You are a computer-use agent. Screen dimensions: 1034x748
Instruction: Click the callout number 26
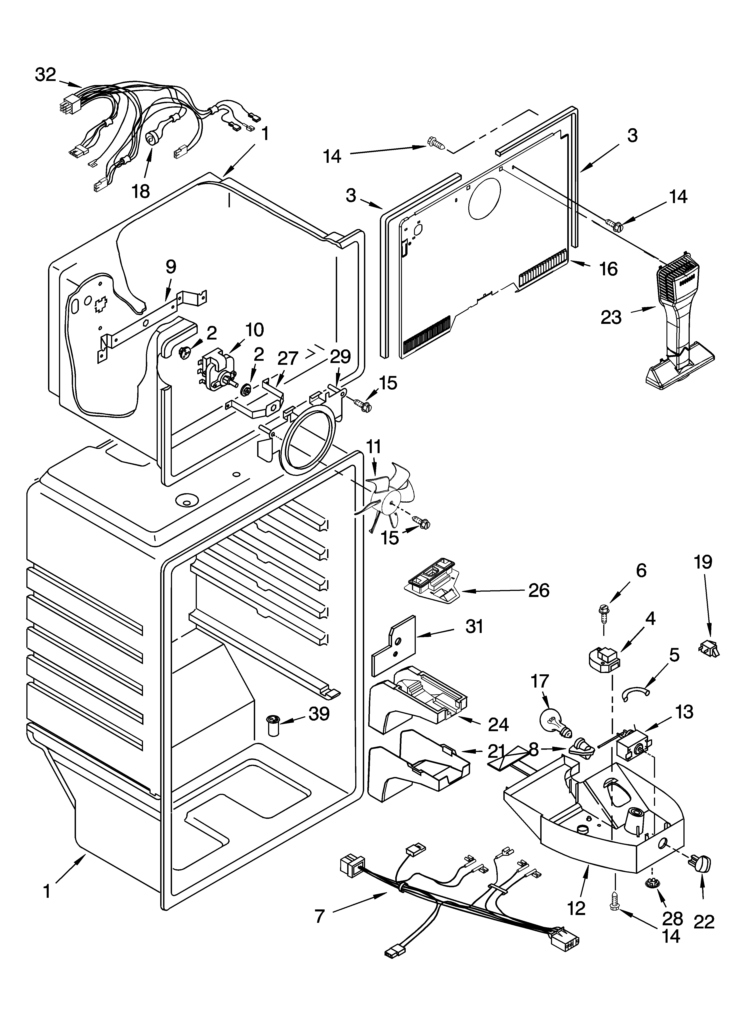click(x=539, y=590)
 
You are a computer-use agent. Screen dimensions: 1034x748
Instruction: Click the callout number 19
click(x=703, y=562)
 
